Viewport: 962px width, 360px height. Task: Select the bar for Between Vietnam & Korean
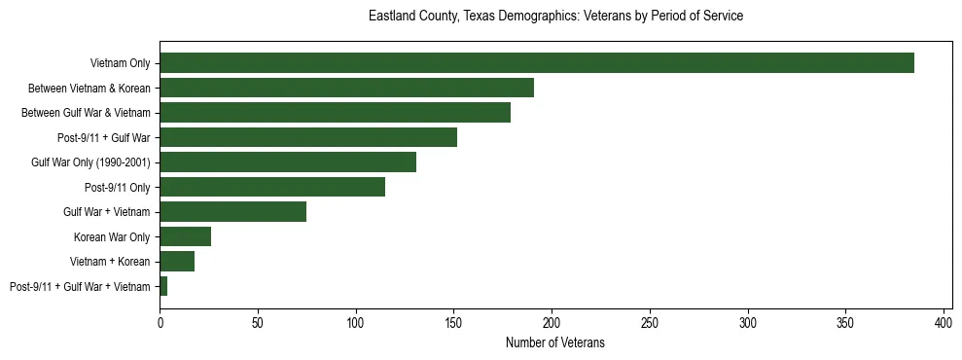pyautogui.click(x=346, y=88)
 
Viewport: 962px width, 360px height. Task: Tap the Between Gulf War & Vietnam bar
pyautogui.click(x=335, y=113)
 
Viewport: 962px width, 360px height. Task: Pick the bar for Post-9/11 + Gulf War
pyautogui.click(x=308, y=137)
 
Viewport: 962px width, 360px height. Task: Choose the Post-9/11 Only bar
pyautogui.click(x=272, y=187)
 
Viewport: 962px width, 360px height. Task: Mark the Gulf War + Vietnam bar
pyautogui.click(x=233, y=212)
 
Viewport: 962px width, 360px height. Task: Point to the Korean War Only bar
pyautogui.click(x=186, y=236)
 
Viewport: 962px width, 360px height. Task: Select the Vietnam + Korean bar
pyautogui.click(x=177, y=262)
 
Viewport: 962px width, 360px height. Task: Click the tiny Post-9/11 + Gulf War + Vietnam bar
pyautogui.click(x=163, y=286)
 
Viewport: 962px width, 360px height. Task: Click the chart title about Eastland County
pyautogui.click(x=555, y=17)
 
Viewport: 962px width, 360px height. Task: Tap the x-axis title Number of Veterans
pyautogui.click(x=555, y=342)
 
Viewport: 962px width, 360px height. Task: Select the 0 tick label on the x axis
pyautogui.click(x=160, y=322)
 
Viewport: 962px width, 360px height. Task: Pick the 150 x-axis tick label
pyautogui.click(x=454, y=322)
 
